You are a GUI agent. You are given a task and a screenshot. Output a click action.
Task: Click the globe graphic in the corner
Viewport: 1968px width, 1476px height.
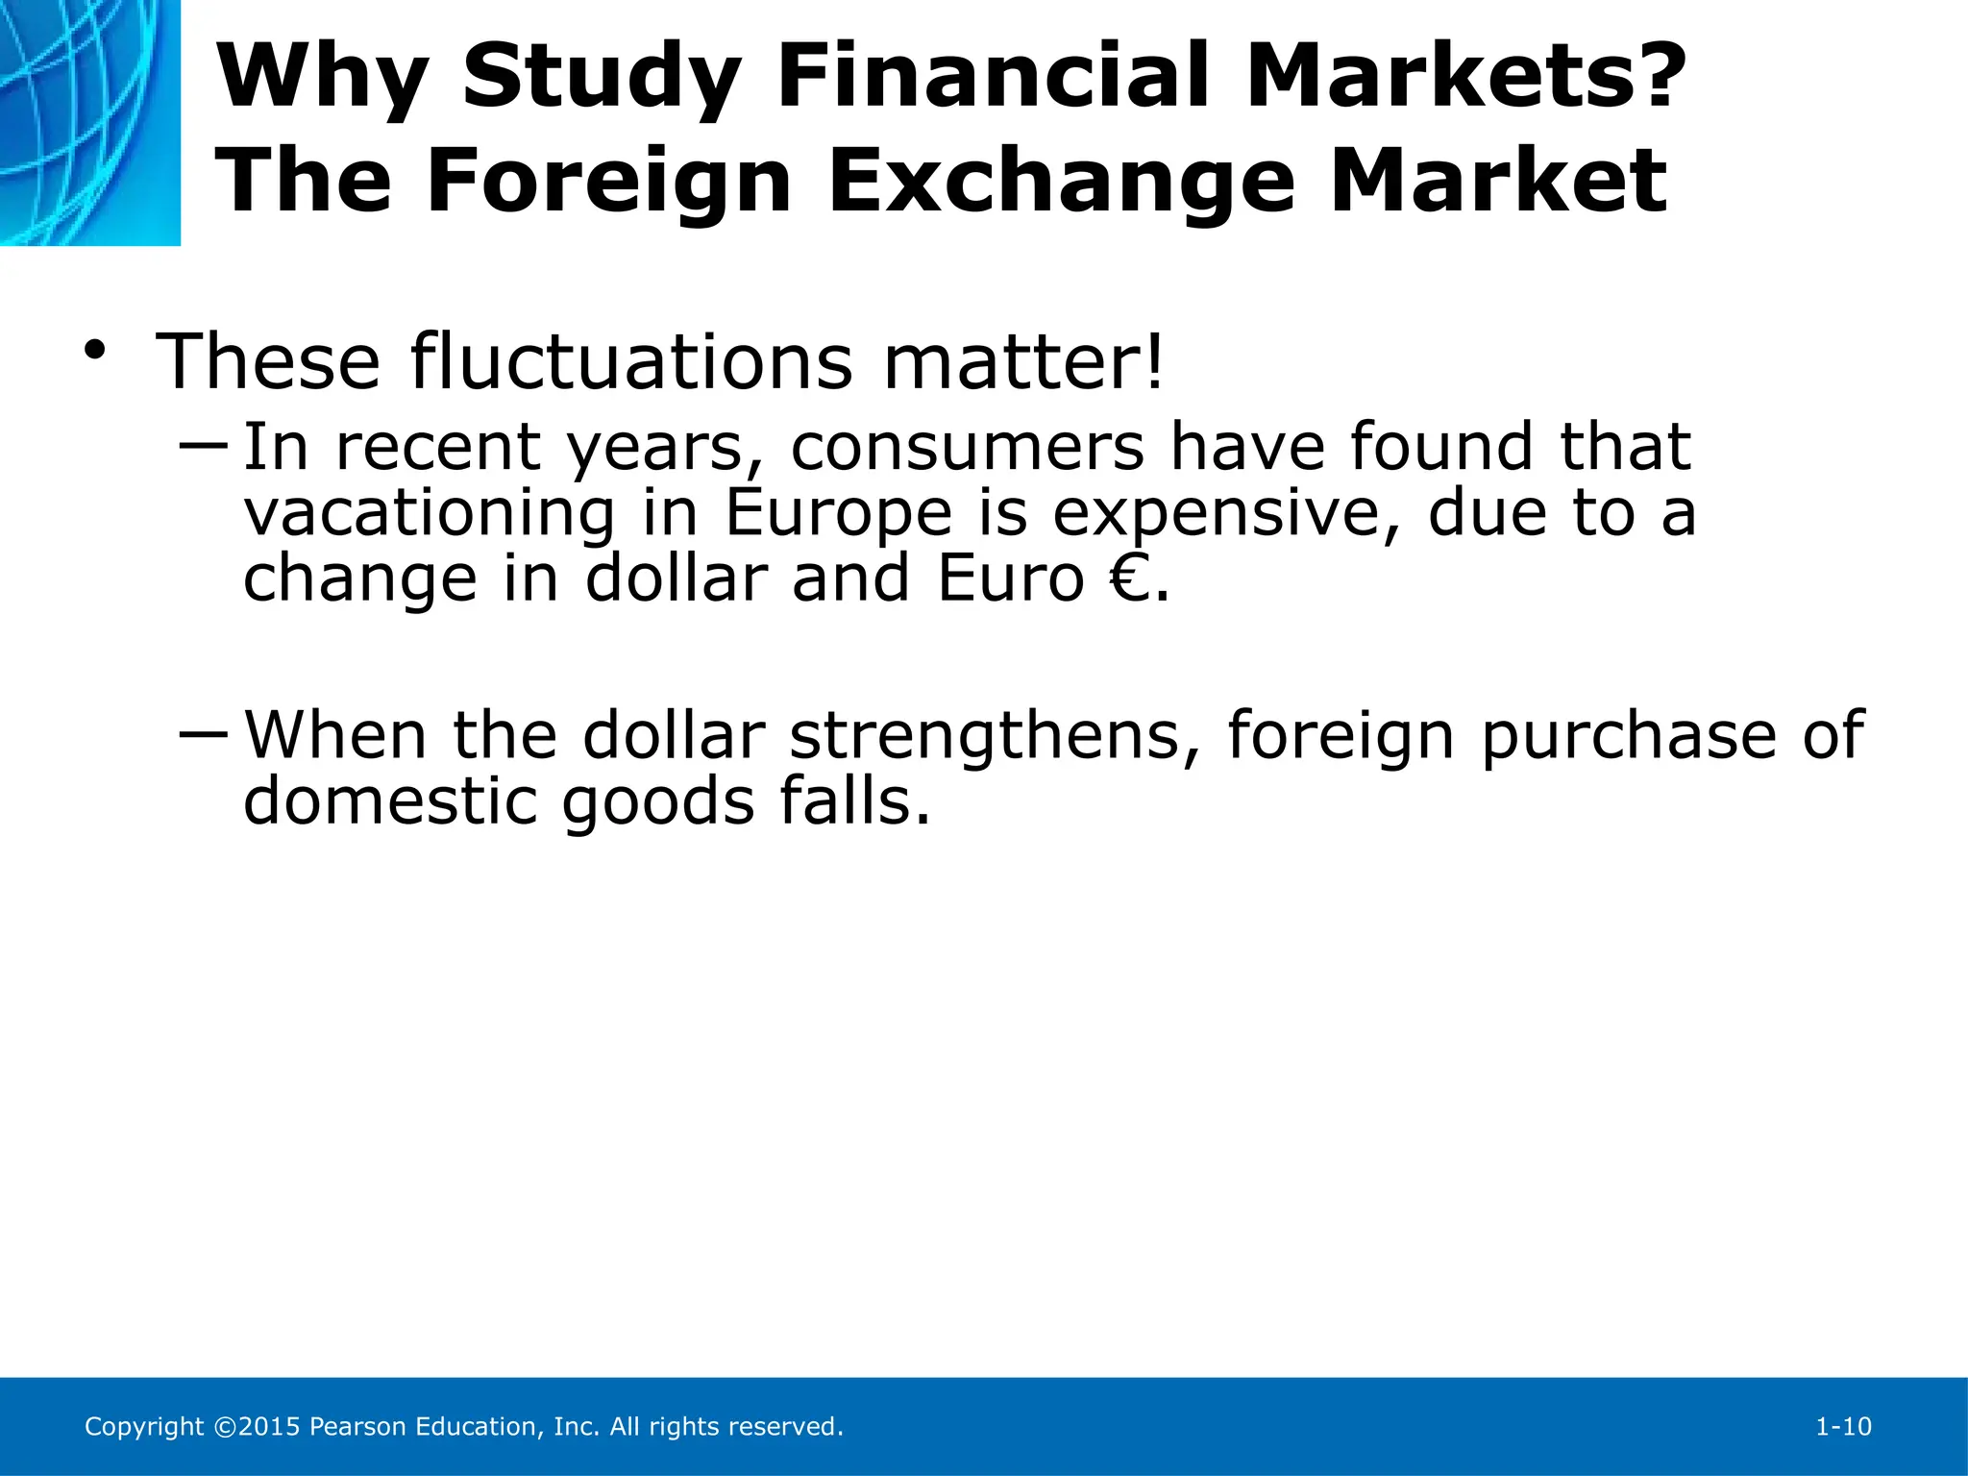(x=89, y=122)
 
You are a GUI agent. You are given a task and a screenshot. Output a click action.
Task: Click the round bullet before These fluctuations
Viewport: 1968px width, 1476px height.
(x=94, y=352)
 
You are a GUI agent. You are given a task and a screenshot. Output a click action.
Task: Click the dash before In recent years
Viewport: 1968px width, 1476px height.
(x=203, y=445)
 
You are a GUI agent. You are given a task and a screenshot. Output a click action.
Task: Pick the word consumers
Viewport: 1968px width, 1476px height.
(x=968, y=447)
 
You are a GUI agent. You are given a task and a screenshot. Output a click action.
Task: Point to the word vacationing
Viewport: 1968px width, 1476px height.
(x=429, y=513)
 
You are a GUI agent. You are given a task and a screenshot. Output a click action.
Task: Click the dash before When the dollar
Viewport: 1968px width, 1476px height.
(x=203, y=735)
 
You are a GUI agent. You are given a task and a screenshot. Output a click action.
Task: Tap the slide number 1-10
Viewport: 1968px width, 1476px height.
(x=1843, y=1427)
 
